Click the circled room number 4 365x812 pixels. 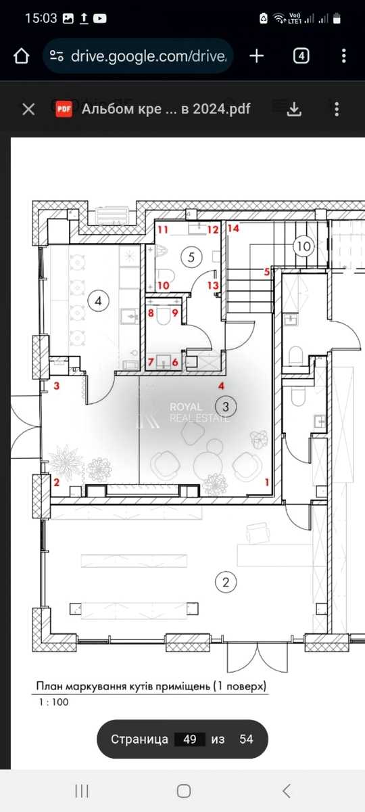(98, 301)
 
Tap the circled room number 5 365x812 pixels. (191, 257)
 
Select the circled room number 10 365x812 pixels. (303, 246)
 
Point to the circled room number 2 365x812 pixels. (226, 582)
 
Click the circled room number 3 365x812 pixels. (226, 407)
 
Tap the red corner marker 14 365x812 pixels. (234, 229)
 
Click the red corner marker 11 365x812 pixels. (163, 229)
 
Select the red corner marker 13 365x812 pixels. (214, 286)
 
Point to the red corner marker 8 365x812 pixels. (151, 313)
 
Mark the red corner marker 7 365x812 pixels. (151, 362)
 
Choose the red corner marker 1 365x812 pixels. (267, 482)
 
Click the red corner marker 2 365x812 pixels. (56, 482)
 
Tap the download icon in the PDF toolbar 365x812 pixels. (294, 109)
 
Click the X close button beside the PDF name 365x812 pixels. (28, 109)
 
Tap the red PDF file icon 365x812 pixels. (64, 109)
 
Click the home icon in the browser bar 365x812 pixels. (21, 56)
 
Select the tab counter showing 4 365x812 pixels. (301, 56)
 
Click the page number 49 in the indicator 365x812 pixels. (190, 739)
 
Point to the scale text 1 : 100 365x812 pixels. (53, 702)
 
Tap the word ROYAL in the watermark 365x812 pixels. (186, 407)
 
